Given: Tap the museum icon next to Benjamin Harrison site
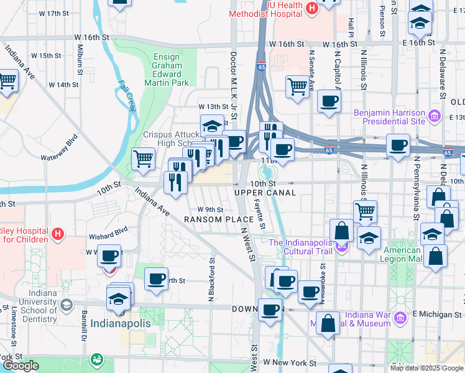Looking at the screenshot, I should pyautogui.click(x=435, y=116).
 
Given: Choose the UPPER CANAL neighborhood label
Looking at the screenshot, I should pyautogui.click(x=265, y=193).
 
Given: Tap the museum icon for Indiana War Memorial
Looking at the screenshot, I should pyautogui.click(x=401, y=318).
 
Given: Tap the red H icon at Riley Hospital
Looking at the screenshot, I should pyautogui.click(x=58, y=234).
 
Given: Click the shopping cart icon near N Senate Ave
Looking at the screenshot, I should pyautogui.click(x=298, y=86).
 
